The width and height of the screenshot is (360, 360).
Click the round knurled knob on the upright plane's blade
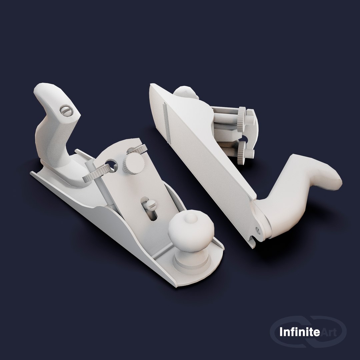134,163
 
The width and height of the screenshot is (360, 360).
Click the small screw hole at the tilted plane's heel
258,229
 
